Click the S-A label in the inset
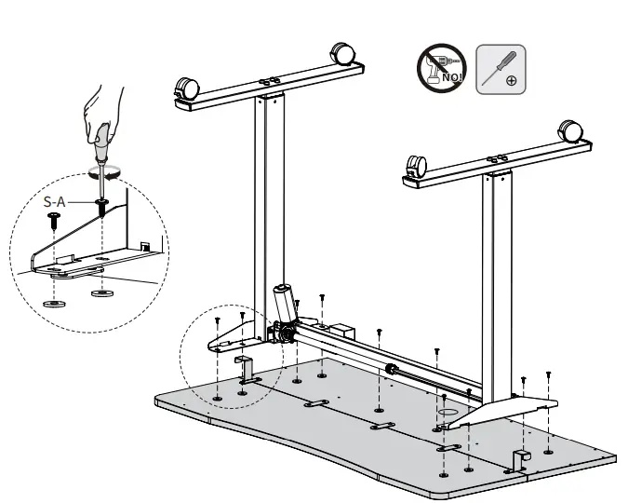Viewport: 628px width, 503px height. point(56,200)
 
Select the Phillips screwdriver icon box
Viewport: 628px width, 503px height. point(501,68)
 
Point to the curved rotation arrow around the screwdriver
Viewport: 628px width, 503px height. point(102,172)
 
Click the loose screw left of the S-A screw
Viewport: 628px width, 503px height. point(53,220)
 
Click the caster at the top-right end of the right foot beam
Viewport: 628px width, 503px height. point(568,133)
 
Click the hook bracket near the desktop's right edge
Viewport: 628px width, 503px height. point(521,459)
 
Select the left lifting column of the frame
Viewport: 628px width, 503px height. point(267,205)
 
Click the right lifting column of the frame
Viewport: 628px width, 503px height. point(496,279)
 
